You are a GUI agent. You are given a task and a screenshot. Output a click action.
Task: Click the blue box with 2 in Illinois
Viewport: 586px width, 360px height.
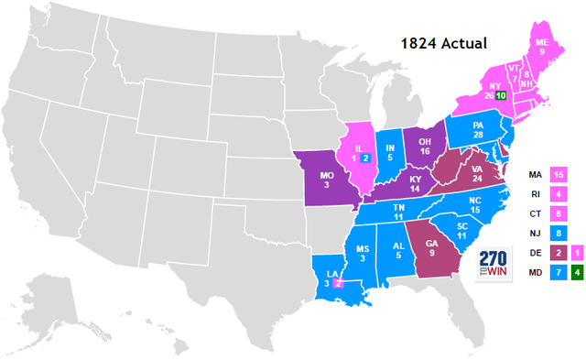tap(365, 158)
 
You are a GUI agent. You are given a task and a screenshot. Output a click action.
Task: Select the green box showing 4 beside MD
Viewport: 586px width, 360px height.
tap(576, 272)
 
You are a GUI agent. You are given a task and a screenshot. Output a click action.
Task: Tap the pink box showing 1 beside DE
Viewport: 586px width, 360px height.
tap(576, 252)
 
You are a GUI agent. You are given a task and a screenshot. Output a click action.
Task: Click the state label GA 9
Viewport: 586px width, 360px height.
tap(429, 245)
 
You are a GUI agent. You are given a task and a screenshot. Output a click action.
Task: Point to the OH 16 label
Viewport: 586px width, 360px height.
tap(425, 147)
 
